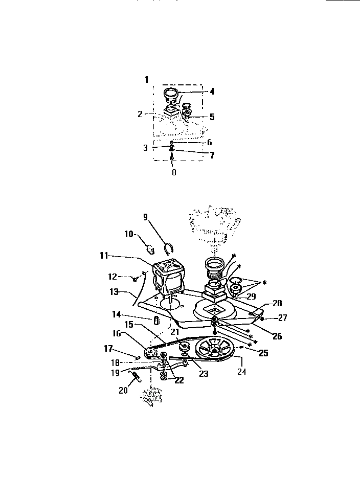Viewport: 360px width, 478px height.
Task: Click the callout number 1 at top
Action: (x=146, y=79)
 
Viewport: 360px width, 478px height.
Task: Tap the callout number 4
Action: (x=212, y=92)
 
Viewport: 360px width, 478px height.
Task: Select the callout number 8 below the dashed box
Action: (x=173, y=173)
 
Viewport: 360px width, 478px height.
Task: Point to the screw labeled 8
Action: (x=172, y=158)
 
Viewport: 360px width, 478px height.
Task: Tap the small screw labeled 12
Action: (x=135, y=279)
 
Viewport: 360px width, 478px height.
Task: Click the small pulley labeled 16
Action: (x=151, y=352)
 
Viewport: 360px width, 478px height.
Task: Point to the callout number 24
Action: (x=241, y=372)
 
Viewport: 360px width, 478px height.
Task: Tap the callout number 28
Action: (x=263, y=303)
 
